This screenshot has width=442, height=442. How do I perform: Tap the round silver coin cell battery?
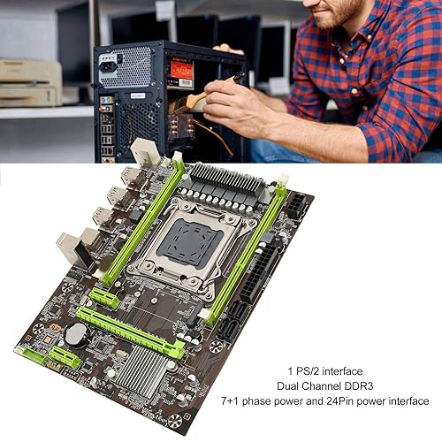[77, 335]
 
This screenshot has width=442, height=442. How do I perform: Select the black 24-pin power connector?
[259, 273]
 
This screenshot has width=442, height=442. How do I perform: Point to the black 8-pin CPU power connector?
[297, 205]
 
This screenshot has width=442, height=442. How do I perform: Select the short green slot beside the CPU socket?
[104, 298]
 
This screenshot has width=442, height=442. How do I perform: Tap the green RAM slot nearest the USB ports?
[143, 218]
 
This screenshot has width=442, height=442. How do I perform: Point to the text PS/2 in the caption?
[308, 371]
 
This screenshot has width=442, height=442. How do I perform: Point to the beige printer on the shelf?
[30, 82]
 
